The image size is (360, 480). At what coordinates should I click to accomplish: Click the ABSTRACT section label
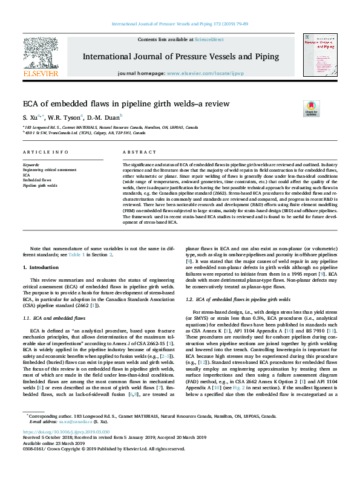[x=135, y=152]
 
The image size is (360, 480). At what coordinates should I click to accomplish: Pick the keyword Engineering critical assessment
[x=49, y=170]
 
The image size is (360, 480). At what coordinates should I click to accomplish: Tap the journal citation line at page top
[x=179, y=24]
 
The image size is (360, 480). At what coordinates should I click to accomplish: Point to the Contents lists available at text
[x=164, y=39]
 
